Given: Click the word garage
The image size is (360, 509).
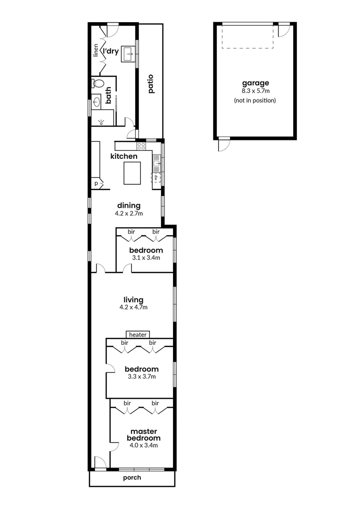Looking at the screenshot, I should point(254,83).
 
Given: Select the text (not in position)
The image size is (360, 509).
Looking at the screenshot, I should point(254,100).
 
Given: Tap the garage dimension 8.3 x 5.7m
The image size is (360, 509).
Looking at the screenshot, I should point(254,91).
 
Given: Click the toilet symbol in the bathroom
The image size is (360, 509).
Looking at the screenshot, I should point(98,83).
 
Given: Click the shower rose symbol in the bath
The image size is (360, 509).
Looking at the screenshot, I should point(101,122).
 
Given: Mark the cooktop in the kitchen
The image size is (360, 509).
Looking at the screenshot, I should point(140,146).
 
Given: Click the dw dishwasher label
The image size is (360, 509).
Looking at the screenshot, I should point(155,178).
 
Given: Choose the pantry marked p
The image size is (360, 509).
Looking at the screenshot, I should point(96,183).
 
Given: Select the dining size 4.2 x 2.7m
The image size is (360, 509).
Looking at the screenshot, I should point(129,213).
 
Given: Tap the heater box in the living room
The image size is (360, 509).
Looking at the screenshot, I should point(138,335).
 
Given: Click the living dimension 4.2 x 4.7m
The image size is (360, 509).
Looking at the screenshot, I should point(133,307).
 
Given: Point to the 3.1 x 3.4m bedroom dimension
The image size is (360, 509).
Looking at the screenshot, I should point(146,258).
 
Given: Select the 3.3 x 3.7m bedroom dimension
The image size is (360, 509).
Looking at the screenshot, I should point(141,377).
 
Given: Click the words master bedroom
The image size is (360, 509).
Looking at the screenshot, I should point(143,435).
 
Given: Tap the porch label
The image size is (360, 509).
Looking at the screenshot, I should point(132,478).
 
